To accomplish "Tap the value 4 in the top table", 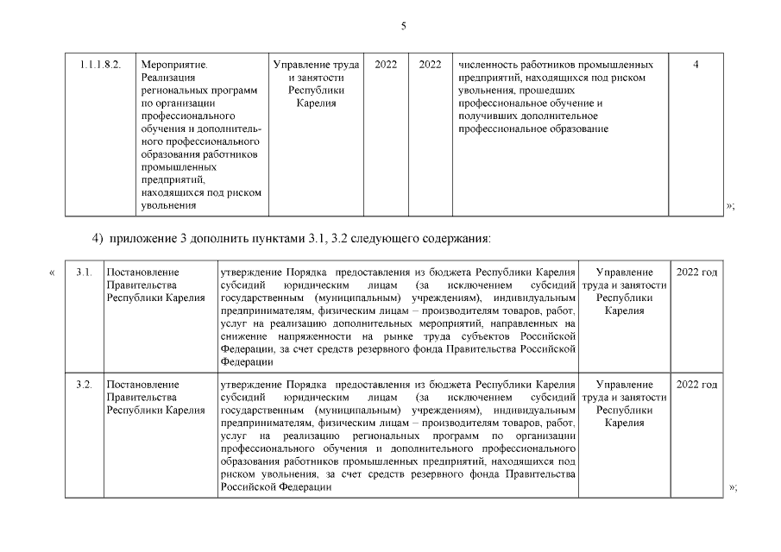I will pyautogui.click(x=696, y=65).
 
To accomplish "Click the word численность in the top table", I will pyautogui.click(x=486, y=65).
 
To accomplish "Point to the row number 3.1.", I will pyautogui.click(x=84, y=273).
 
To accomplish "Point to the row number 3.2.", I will pyautogui.click(x=84, y=384).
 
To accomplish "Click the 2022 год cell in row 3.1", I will pyautogui.click(x=696, y=273).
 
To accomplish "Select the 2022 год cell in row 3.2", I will pyautogui.click(x=696, y=384).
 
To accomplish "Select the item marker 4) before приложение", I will pyautogui.click(x=97, y=235).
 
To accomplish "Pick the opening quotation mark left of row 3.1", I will pyautogui.click(x=53, y=273).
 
